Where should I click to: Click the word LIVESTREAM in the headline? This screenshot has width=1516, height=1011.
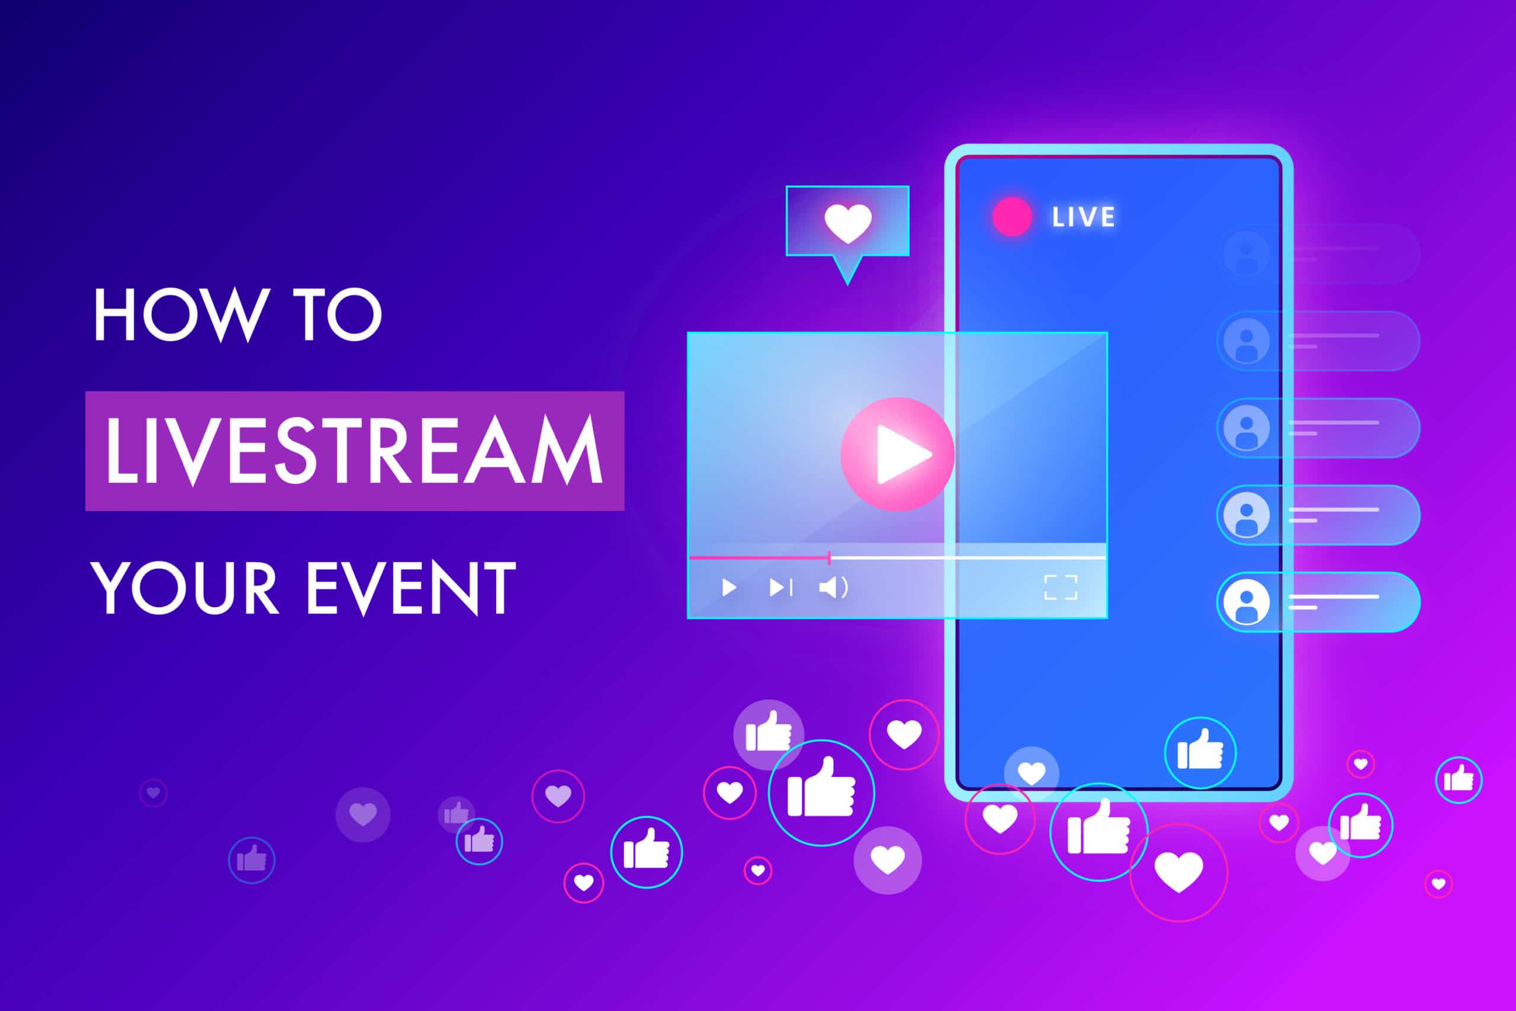[x=354, y=451]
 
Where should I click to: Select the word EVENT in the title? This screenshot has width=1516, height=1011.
[x=410, y=588]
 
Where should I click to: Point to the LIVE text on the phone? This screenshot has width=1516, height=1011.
[x=1083, y=217]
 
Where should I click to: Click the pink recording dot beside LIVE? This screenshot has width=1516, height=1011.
[x=1011, y=217]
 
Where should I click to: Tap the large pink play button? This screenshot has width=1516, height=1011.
[x=897, y=454]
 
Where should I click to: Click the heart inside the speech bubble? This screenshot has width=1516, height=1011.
[x=847, y=223]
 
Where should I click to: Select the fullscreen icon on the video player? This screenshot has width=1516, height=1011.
[x=1060, y=588]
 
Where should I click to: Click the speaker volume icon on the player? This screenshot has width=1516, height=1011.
[x=833, y=588]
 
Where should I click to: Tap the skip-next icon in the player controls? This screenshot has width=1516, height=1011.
[x=781, y=588]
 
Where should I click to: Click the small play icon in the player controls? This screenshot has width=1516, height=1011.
[x=729, y=588]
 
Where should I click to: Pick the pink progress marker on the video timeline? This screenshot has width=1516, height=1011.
[x=829, y=558]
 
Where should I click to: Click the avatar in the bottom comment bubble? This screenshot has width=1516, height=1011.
[x=1246, y=602]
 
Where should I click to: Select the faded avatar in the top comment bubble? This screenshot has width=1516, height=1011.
[x=1246, y=253]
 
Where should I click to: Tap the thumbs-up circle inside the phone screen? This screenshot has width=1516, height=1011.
[x=1200, y=752]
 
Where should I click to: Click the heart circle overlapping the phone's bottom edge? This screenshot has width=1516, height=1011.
[x=1031, y=773]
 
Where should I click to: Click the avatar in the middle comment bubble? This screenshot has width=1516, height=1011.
[x=1246, y=428]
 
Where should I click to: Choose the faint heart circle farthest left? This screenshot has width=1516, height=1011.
[x=153, y=792]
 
